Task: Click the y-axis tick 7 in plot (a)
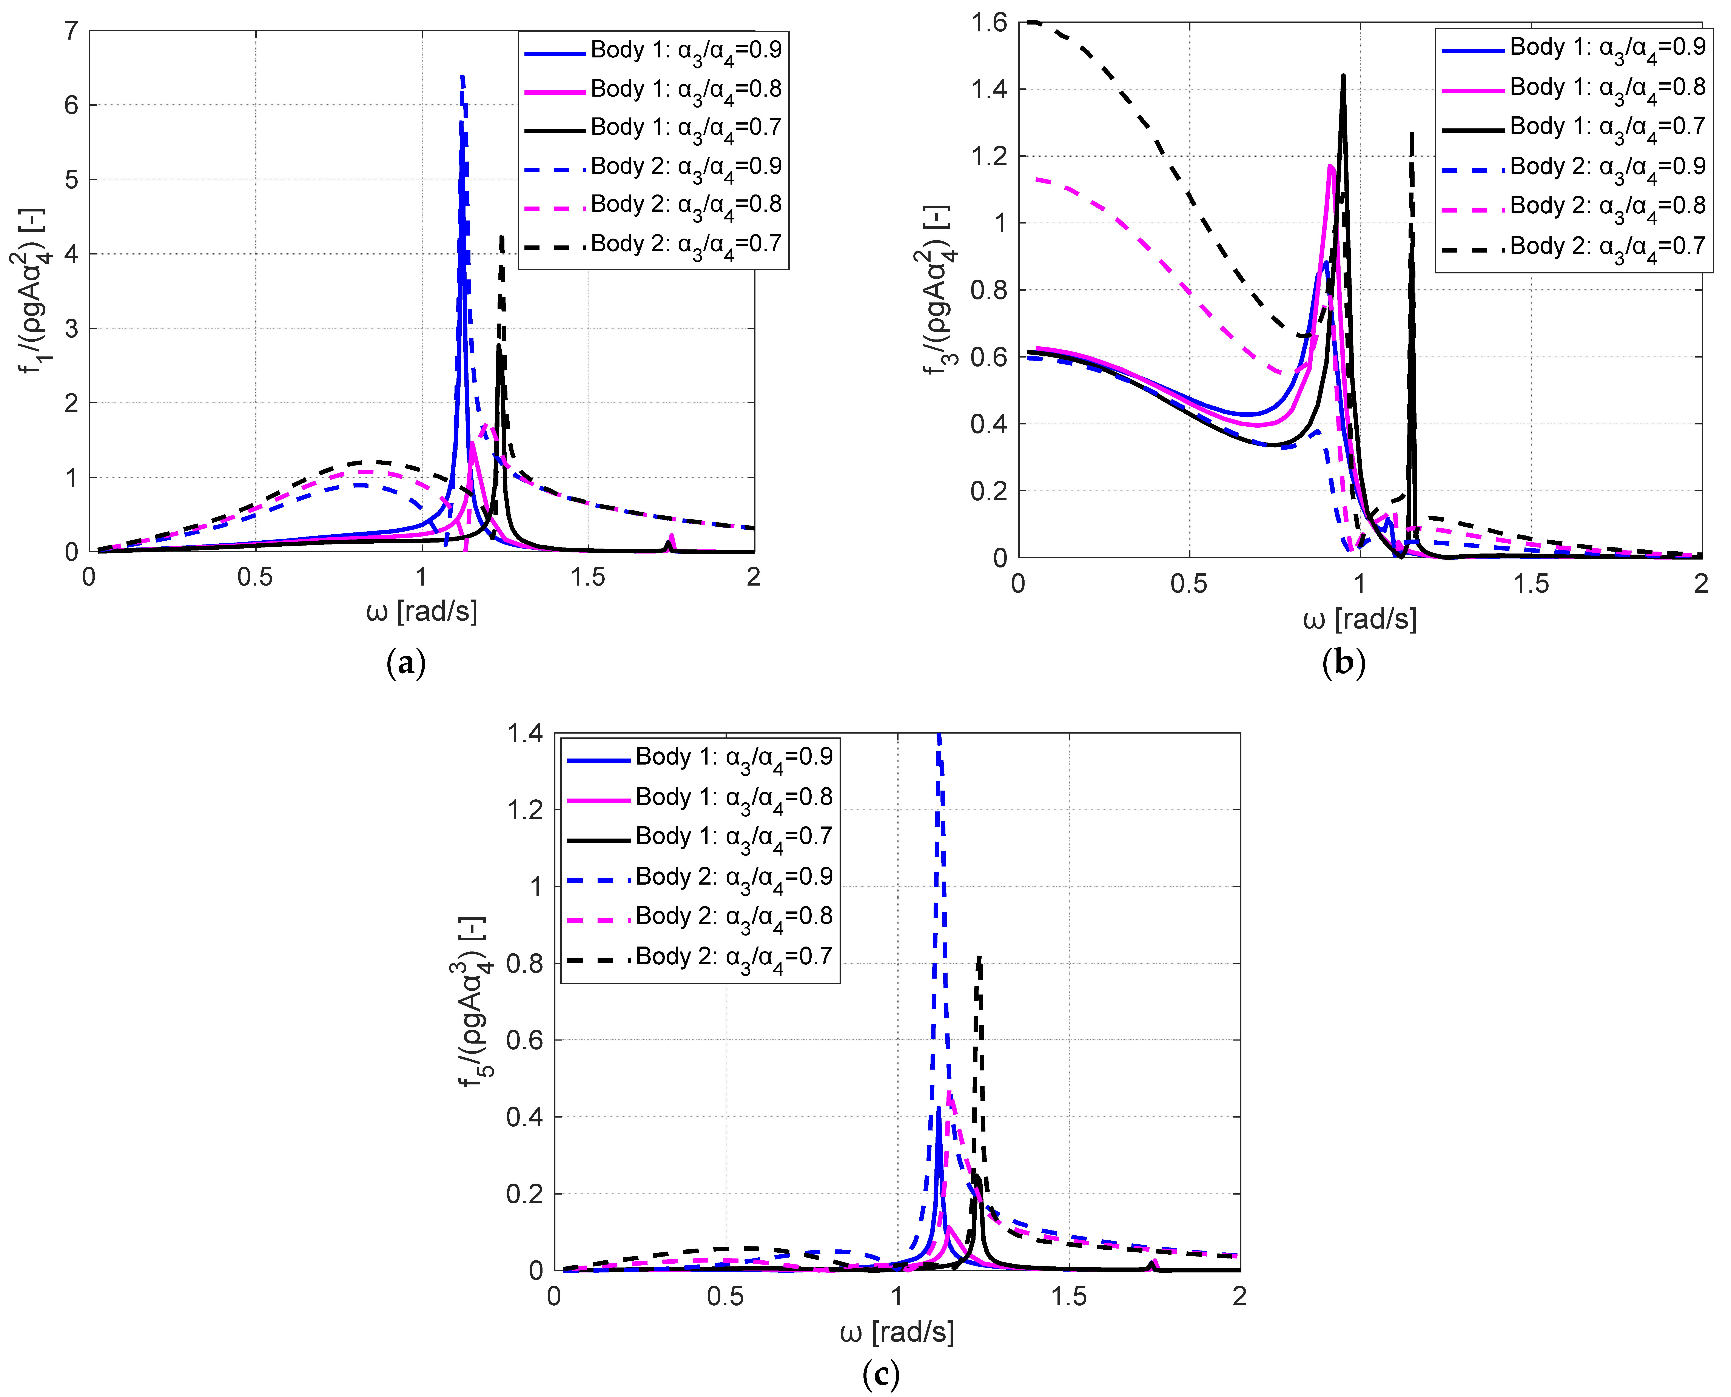click(72, 31)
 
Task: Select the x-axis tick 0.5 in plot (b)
click(1189, 583)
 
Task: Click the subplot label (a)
click(405, 663)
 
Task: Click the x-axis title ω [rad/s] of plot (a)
click(422, 612)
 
